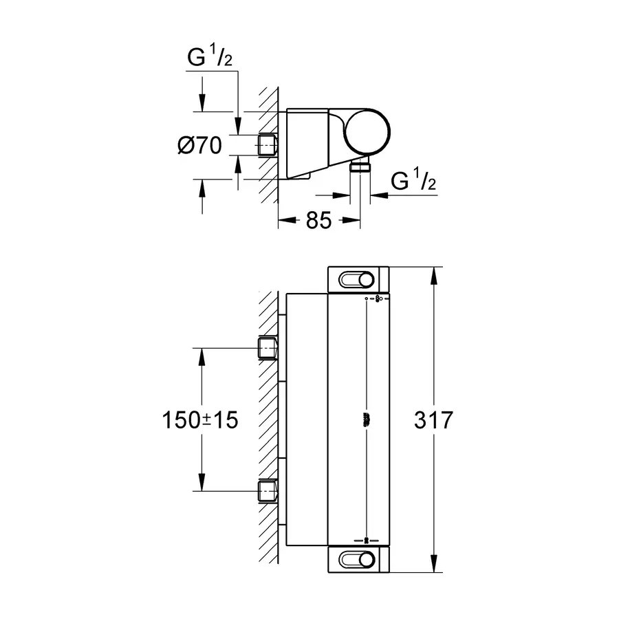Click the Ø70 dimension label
[x=199, y=145]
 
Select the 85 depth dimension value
[x=318, y=221]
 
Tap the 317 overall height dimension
[x=434, y=420]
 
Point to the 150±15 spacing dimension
[x=200, y=420]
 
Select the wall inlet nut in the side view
[x=268, y=145]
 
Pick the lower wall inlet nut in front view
[x=268, y=492]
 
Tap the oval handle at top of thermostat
[x=358, y=279]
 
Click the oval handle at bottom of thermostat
[x=358, y=558]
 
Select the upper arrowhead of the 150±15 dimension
[x=201, y=355]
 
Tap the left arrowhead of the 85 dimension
[x=283, y=221]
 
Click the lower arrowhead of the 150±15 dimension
[x=201, y=485]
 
